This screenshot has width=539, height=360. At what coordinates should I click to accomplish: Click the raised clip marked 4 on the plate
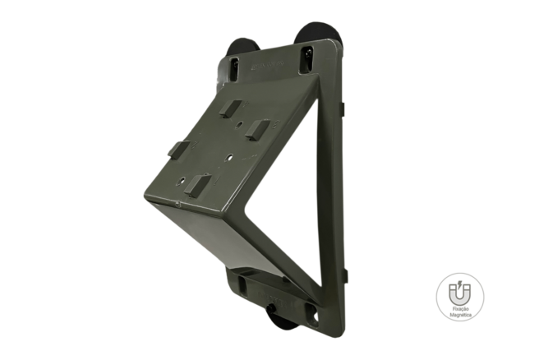pyautogui.click(x=230, y=108)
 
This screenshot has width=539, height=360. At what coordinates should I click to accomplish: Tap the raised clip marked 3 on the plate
pyautogui.click(x=257, y=130)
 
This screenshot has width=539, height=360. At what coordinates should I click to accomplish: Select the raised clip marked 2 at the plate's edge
pyautogui.click(x=179, y=150)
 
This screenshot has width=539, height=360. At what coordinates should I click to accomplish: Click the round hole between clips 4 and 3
pyautogui.click(x=240, y=124)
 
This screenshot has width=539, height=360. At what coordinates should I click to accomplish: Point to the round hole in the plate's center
pyautogui.click(x=229, y=158)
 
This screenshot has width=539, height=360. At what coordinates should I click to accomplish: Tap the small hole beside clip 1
pyautogui.click(x=182, y=180)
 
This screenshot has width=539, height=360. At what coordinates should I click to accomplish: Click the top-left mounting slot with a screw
pyautogui.click(x=234, y=69)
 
